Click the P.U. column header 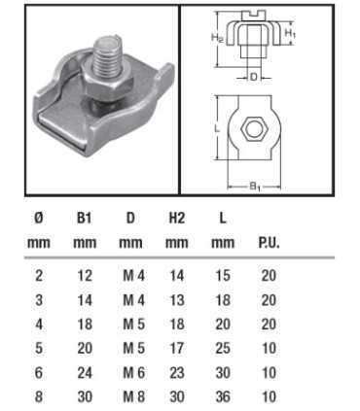click(270, 243)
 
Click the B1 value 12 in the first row click(84, 276)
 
